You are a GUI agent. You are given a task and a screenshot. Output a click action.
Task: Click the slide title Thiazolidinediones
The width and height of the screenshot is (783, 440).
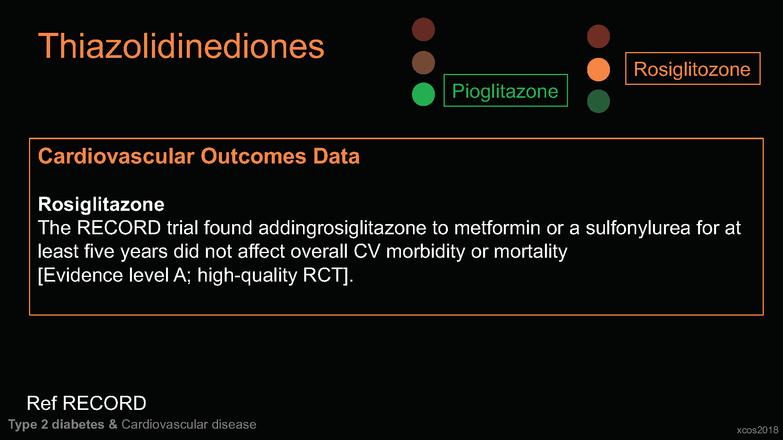click(181, 46)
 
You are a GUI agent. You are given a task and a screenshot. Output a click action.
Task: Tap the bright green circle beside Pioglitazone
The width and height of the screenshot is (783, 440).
click(423, 94)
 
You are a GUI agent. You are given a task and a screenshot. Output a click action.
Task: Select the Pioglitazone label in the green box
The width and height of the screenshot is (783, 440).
click(505, 91)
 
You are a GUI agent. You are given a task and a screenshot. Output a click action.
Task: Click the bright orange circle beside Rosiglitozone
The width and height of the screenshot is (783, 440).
click(598, 70)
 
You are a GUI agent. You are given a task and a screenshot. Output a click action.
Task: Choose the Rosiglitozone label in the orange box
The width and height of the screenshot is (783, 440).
click(692, 69)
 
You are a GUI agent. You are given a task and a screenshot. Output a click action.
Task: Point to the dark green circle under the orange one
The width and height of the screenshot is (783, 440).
click(598, 101)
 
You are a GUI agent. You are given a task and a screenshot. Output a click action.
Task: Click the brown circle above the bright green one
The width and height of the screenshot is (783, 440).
click(423, 63)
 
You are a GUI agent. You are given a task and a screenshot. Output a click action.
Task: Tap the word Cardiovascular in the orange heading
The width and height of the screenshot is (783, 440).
click(116, 156)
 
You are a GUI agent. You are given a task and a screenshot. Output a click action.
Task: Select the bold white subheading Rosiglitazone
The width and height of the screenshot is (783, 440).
click(101, 205)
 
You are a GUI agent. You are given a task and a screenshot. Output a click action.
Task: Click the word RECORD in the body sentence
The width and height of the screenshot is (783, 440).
click(119, 228)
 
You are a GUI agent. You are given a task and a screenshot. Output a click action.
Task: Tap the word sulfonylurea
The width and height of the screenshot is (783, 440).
click(638, 228)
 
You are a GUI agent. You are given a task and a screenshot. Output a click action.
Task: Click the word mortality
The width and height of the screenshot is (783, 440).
click(530, 251)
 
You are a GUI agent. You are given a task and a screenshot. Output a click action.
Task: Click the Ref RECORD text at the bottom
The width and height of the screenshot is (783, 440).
click(87, 403)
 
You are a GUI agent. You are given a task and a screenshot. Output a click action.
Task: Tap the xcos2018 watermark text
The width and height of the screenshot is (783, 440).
click(758, 430)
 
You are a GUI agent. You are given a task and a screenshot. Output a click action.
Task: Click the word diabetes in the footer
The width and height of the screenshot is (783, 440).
click(78, 424)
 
